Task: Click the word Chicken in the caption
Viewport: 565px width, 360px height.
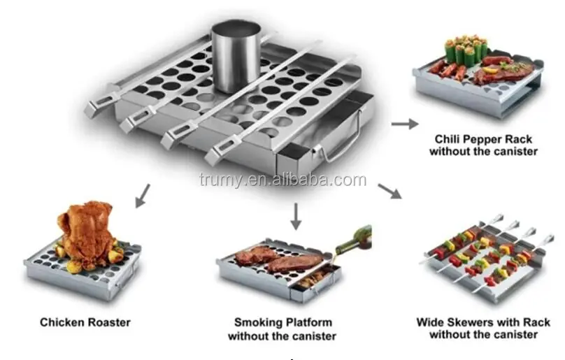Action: [63, 323]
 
